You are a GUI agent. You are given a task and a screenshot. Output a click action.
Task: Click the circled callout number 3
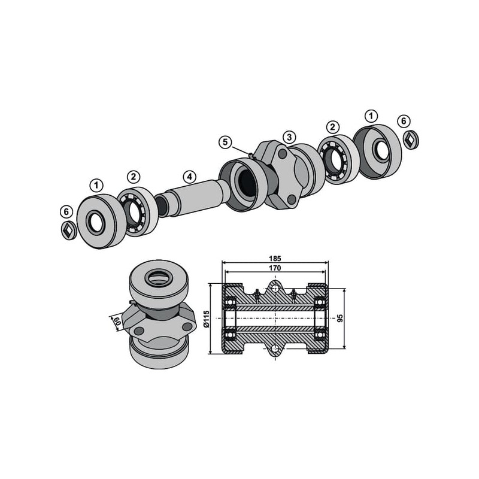click(x=289, y=138)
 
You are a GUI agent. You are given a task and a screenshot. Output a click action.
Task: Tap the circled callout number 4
click(x=189, y=176)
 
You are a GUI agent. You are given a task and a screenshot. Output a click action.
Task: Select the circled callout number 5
click(x=225, y=143)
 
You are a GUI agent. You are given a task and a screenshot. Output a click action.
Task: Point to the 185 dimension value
click(x=275, y=259)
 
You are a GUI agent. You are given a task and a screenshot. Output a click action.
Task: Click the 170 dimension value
click(x=275, y=268)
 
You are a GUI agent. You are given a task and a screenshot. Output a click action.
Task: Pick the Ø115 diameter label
click(x=206, y=319)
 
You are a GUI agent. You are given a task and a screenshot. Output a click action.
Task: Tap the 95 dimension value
click(x=341, y=318)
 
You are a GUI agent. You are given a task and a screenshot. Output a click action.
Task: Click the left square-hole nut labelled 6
click(x=69, y=231)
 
